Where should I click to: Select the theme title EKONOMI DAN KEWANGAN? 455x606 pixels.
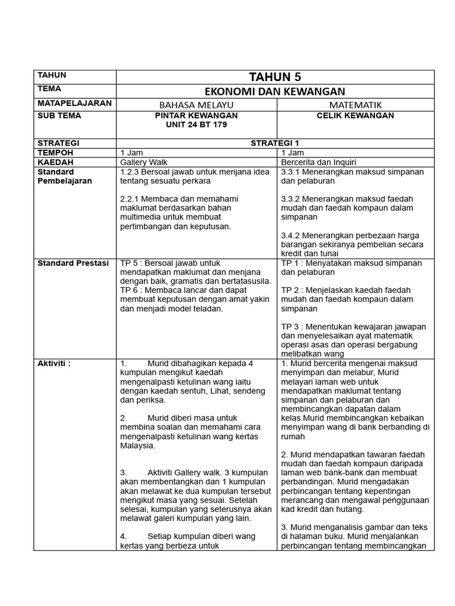(275, 91)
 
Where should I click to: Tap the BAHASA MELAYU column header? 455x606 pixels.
(196, 105)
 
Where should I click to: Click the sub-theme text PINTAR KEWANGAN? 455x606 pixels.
(196, 116)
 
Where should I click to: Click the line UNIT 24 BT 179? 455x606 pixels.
(196, 125)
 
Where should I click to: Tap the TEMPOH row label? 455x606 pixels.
(55, 153)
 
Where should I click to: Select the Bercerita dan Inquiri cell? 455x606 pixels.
(319, 162)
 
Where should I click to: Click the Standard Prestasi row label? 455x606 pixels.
(73, 263)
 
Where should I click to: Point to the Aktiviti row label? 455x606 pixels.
(54, 363)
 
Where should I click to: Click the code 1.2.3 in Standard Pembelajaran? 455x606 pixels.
(129, 172)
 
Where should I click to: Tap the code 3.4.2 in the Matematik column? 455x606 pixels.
(291, 236)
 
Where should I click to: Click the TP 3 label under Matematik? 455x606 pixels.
(290, 327)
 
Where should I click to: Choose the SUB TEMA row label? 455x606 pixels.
(59, 116)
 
